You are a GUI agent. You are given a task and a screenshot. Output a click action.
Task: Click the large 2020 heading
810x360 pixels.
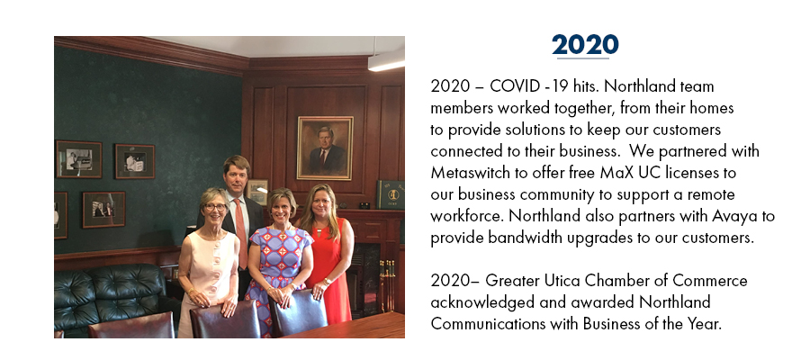(x=585, y=45)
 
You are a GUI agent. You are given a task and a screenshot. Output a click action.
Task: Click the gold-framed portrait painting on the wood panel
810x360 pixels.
(x=325, y=148)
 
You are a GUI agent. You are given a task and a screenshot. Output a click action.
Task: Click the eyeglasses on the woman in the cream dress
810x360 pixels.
(x=215, y=207)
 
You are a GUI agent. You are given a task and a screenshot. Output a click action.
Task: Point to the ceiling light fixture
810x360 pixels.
(x=386, y=61)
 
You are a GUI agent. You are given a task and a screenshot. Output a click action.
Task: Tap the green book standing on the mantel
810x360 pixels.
(x=391, y=194)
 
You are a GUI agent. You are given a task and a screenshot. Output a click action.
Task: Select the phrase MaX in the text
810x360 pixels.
(x=614, y=173)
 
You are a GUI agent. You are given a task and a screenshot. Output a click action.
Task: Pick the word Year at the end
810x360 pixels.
(x=707, y=324)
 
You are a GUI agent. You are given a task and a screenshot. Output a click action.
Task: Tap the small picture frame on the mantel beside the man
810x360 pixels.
(x=256, y=192)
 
